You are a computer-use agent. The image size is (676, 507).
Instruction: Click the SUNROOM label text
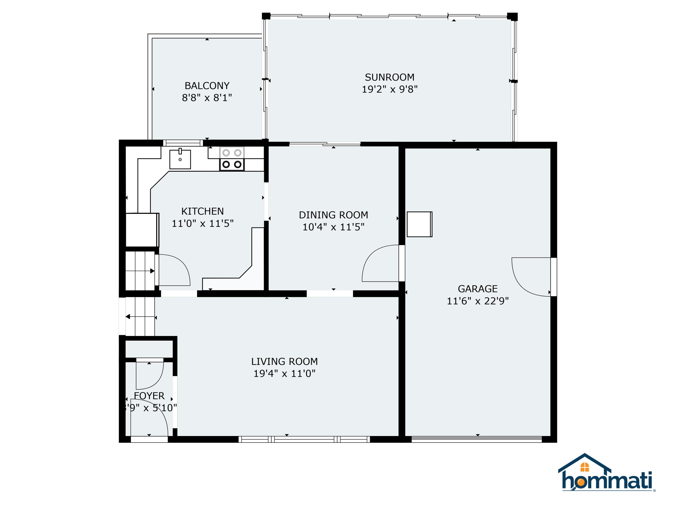[x=389, y=77]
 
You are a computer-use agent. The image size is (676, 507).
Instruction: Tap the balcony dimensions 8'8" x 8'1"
[x=207, y=98]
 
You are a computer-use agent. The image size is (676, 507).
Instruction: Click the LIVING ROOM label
[x=284, y=361]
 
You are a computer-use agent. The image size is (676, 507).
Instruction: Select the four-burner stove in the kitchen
[x=232, y=159]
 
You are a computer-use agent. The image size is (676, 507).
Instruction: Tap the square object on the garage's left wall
[x=419, y=224]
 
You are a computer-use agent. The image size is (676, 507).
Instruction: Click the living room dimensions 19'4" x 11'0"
[x=284, y=373]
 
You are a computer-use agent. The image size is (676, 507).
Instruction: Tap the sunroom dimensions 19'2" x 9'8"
[x=389, y=89]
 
